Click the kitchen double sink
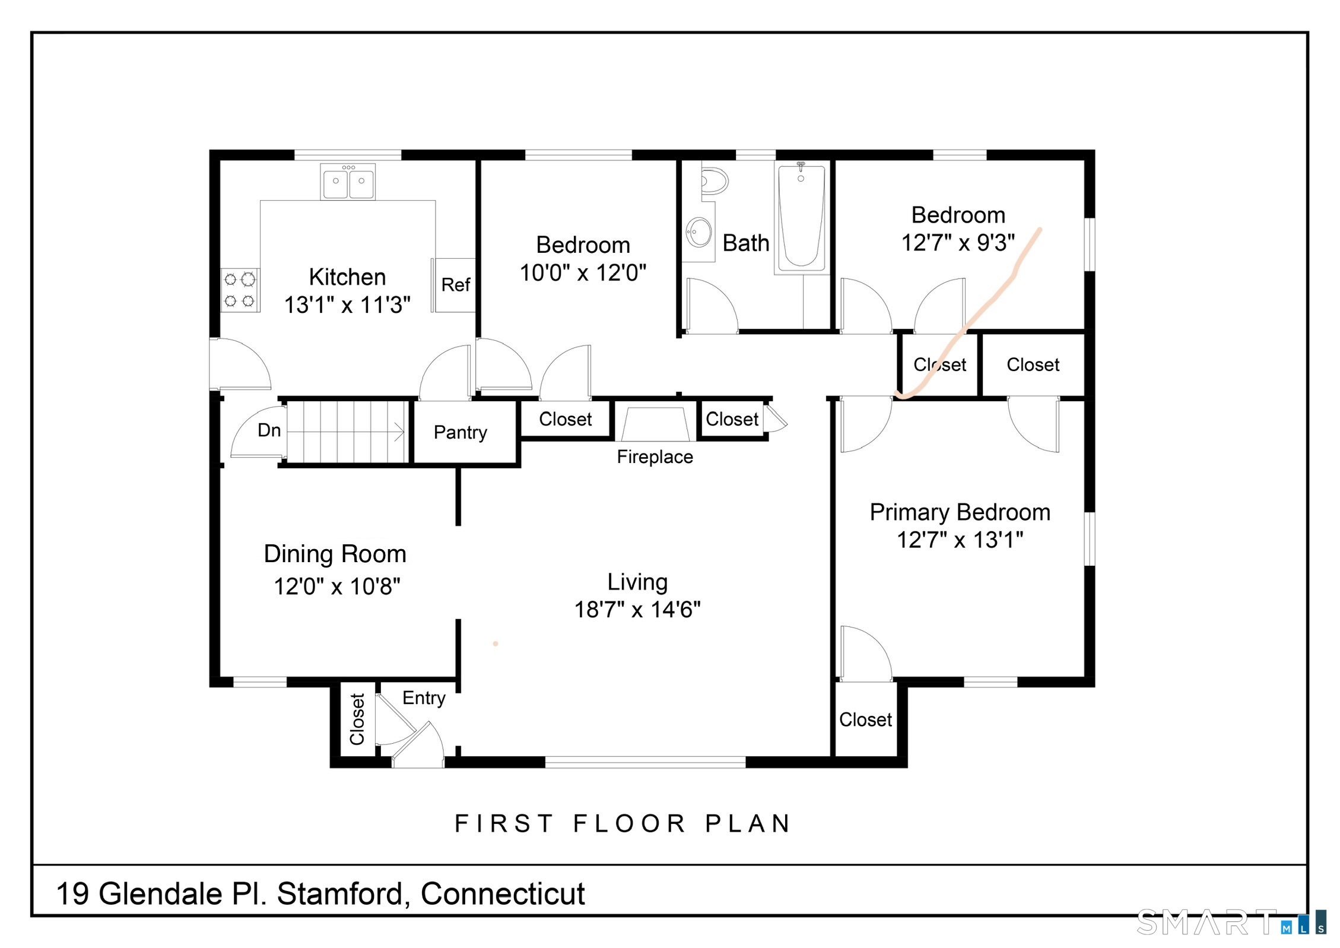point(348,182)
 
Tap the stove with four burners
point(240,290)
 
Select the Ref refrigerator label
point(456,285)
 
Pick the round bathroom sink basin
point(699,232)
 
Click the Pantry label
point(461,433)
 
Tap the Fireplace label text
point(655,457)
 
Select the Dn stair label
point(269,430)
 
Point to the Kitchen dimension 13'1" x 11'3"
point(347,305)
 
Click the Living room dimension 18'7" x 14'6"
point(637,610)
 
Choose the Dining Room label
point(335,554)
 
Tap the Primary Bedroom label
point(960,512)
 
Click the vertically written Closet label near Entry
point(357,719)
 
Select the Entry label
point(424,699)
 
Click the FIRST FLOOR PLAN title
point(623,824)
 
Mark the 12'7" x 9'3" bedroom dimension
point(958,243)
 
